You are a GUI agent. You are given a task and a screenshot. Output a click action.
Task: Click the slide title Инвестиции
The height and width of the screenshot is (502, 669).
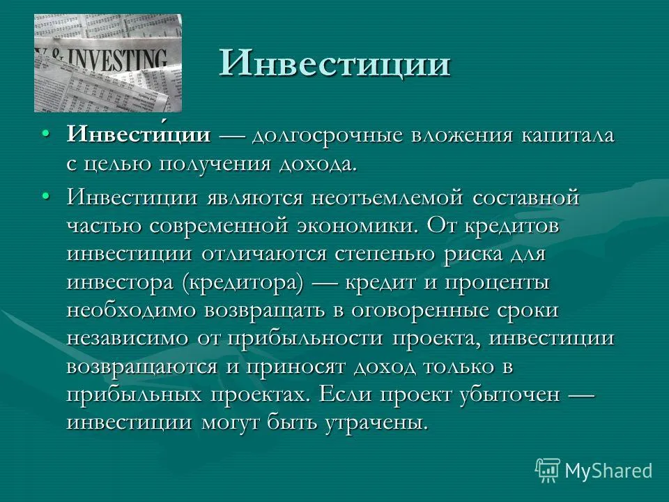pyautogui.click(x=335, y=63)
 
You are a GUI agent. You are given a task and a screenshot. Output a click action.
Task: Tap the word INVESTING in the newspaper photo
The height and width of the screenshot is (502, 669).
pyautogui.click(x=114, y=60)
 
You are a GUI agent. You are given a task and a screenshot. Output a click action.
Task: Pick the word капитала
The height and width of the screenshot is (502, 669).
pyautogui.click(x=567, y=137)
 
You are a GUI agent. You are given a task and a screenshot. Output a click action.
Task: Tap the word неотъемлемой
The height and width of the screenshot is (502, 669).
pyautogui.click(x=387, y=197)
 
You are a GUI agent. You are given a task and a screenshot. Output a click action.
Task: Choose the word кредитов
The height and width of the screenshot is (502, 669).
pyautogui.click(x=512, y=227)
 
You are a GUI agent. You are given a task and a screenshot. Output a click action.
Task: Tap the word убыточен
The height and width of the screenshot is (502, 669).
pyautogui.click(x=510, y=395)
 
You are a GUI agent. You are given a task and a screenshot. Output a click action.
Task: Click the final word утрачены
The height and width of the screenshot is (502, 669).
pyautogui.click(x=376, y=423)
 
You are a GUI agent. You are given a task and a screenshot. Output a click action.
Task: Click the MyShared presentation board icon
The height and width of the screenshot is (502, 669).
pyautogui.click(x=548, y=471)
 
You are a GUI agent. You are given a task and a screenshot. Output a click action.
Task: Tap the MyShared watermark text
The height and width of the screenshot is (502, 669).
pyautogui.click(x=608, y=471)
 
